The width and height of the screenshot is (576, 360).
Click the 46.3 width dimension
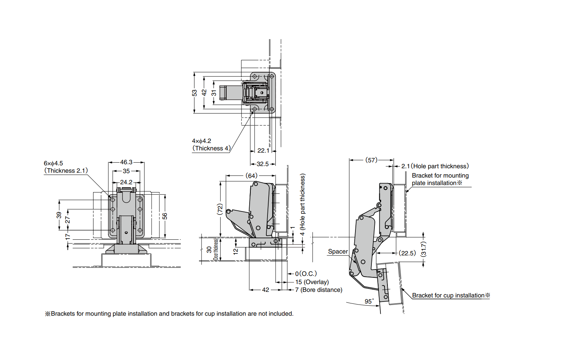tap(126, 162)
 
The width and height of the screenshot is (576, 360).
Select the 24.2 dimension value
tap(126, 182)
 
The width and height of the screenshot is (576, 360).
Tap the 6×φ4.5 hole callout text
tap(53, 163)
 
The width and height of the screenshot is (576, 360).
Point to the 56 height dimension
tap(165, 216)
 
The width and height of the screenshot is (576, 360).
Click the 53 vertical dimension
tap(194, 93)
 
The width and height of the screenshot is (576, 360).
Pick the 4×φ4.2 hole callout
tap(202, 141)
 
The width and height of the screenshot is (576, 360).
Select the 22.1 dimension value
tap(263, 151)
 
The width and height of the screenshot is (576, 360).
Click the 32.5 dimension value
tap(262, 164)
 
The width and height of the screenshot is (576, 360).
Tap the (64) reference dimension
tap(251, 176)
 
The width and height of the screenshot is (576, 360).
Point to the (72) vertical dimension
tap(220, 209)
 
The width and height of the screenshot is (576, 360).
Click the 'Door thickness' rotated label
tap(216, 249)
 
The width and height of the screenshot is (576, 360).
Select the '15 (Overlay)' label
tap(312, 282)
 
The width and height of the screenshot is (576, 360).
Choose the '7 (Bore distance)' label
tap(319, 290)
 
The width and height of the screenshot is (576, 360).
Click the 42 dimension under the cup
tap(266, 290)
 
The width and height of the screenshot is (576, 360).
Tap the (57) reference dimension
tap(371, 160)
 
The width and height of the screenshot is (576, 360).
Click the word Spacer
tap(338, 252)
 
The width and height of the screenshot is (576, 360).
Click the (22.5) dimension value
tap(407, 253)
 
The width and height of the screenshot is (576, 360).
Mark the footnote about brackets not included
tap(169, 314)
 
